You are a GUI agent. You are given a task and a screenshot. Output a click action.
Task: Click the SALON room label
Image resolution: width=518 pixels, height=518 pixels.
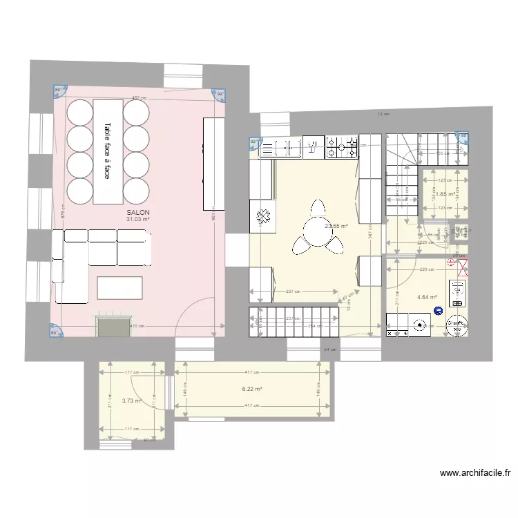pos(138,213)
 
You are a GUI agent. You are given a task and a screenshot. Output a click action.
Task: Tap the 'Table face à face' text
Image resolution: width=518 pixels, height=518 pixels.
pos(108,151)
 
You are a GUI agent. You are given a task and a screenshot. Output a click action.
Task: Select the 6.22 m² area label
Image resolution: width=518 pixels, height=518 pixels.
pos(252,389)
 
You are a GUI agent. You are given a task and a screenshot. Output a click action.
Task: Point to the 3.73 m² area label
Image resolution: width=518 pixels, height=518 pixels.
pos(131,401)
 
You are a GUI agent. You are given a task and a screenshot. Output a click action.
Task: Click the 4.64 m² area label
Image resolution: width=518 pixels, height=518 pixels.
pos(426,298)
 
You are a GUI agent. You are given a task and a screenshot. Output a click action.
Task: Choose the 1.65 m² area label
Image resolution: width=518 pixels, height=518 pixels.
pos(445,194)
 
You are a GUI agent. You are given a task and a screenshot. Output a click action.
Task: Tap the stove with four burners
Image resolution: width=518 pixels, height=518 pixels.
pos(342,146)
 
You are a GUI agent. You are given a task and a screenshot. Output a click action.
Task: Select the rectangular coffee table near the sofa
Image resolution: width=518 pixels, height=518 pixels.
pos(119,287)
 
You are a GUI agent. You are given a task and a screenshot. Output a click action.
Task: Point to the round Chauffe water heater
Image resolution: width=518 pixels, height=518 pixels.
pos(457,325)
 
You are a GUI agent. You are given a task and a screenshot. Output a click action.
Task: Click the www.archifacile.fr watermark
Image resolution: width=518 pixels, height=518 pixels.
pos(475,473)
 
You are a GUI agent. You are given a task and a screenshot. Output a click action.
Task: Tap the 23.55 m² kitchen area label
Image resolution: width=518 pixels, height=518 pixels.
pos(336,226)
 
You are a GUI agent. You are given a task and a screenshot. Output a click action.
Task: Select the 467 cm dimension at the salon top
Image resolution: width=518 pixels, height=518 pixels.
pos(141,99)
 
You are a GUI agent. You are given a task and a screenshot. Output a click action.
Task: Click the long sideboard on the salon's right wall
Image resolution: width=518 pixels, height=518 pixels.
pos(213,164)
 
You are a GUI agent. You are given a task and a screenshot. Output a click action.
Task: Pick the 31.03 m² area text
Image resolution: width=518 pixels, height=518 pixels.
pos(138,220)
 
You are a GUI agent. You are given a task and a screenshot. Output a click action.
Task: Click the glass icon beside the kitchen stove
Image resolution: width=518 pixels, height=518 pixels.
pos(312,146)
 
